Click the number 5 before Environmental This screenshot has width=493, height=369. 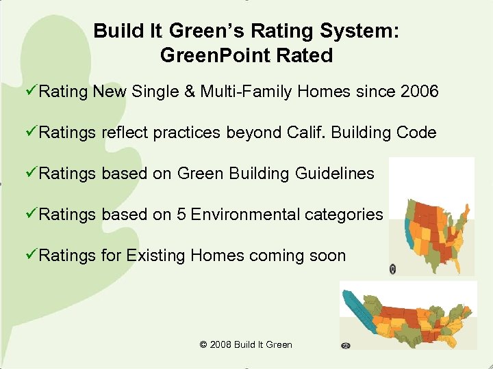tap(181, 215)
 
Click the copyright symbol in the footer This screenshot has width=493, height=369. tap(203, 344)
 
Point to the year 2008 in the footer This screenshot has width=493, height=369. tap(220, 344)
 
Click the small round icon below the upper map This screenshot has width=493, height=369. tap(393, 269)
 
